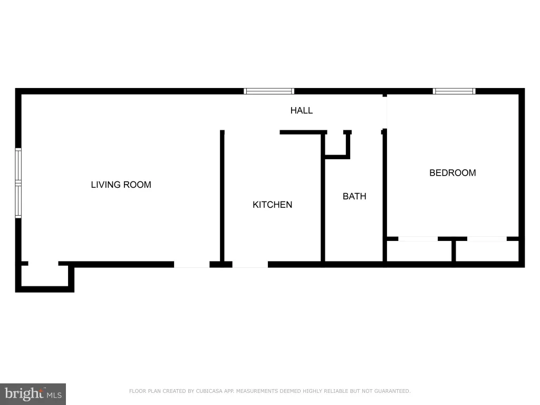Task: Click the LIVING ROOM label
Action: (x=121, y=185)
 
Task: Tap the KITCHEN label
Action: (x=273, y=205)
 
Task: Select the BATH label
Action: (x=354, y=196)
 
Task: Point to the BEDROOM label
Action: (x=452, y=172)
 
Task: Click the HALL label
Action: (x=301, y=110)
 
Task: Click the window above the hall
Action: (x=269, y=91)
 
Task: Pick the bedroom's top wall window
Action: (x=454, y=91)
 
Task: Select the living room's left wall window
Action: (x=18, y=183)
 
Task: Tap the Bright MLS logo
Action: (x=33, y=394)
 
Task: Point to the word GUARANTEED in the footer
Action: (x=392, y=391)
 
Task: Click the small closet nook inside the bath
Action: (x=336, y=144)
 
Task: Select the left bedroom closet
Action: (x=419, y=251)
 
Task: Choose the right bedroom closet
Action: (x=487, y=251)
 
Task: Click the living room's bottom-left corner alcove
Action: (x=45, y=275)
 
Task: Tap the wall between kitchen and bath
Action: (x=323, y=198)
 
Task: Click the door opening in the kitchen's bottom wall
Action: (x=250, y=265)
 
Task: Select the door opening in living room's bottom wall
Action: (x=192, y=265)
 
